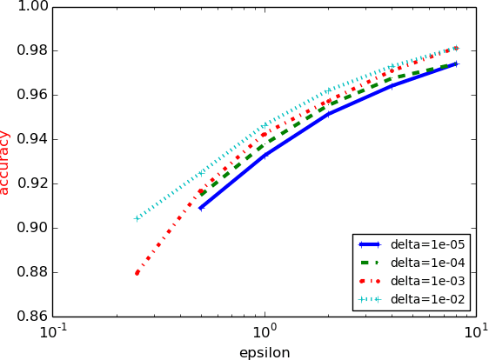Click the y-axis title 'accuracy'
6,162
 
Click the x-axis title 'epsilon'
265,352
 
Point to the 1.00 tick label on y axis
31,7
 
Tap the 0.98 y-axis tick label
31,50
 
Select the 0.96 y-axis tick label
31,95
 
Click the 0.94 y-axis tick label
31,139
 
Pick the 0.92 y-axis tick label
31,183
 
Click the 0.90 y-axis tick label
31,228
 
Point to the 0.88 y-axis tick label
31,272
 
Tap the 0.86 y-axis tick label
31,317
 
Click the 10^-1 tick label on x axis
54,331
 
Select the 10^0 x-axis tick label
265,331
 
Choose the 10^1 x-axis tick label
475,331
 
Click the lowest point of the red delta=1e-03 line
137,273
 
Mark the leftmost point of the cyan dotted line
137,218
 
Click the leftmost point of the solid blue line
201,208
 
